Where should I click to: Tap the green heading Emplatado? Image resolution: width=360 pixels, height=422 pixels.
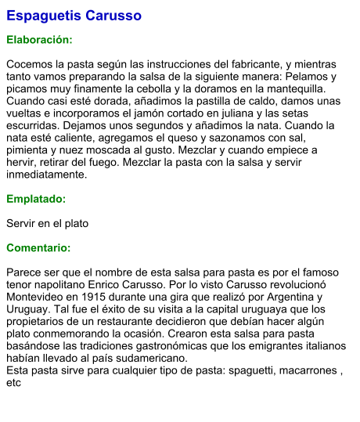pos(37,200)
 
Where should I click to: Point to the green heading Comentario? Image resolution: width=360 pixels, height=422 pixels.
pos(38,248)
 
